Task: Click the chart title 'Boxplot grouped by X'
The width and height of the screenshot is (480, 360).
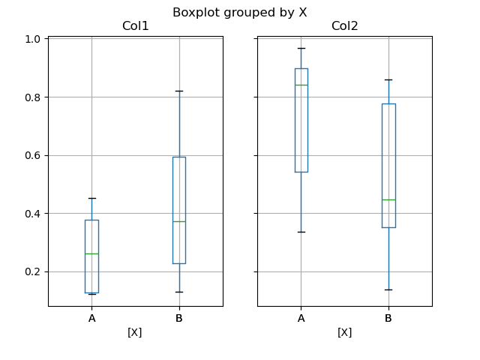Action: pos(239,12)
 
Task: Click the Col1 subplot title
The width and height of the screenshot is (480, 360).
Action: pos(135,26)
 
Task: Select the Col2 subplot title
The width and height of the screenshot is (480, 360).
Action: pos(344,26)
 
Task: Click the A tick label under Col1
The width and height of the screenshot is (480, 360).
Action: pos(91,318)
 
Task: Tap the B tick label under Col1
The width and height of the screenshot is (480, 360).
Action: pos(178,318)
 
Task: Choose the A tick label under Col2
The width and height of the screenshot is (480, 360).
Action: pos(301,318)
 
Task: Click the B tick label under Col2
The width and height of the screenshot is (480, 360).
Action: pos(388,318)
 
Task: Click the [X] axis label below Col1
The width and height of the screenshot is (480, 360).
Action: pos(135,332)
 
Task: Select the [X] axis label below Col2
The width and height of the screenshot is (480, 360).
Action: pos(344,332)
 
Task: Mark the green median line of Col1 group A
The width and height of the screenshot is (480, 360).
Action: pos(91,253)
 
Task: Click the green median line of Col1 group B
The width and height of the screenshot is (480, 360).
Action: pos(178,221)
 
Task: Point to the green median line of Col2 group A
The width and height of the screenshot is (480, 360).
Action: pos(301,85)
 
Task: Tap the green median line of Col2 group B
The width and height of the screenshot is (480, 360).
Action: pos(388,199)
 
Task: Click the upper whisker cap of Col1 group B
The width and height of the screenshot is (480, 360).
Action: pos(178,91)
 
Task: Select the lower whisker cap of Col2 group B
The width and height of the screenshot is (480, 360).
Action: pos(388,289)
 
